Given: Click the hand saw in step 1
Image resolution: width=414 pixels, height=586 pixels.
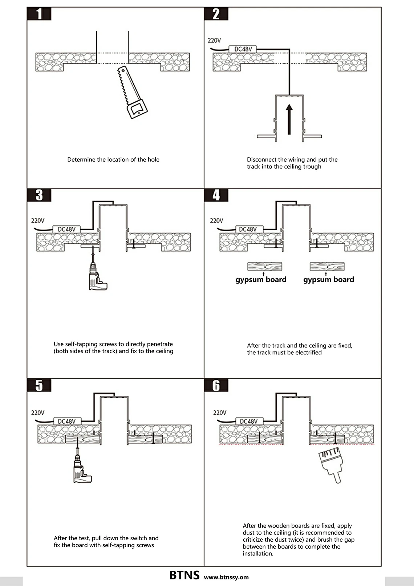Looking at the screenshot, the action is click(x=132, y=92).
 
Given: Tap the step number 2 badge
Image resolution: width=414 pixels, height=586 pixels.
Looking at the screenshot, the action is click(x=216, y=14).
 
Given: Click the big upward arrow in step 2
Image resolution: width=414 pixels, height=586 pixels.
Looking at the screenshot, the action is click(x=289, y=119).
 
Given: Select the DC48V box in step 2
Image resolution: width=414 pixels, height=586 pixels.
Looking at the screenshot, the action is click(x=243, y=49).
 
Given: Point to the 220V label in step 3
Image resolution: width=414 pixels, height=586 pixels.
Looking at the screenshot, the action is click(x=38, y=220).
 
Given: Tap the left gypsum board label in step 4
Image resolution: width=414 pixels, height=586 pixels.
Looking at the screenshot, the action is click(x=261, y=280).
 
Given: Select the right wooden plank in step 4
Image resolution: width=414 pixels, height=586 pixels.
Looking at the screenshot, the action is click(x=327, y=266).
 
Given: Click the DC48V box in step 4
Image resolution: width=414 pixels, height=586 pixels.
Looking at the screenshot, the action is click(x=249, y=229).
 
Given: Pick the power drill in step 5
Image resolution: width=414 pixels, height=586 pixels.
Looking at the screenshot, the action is click(x=82, y=470).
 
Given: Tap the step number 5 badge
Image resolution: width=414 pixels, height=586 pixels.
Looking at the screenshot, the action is click(x=39, y=385).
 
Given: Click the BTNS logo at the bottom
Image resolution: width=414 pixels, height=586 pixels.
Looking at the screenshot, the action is click(x=184, y=575).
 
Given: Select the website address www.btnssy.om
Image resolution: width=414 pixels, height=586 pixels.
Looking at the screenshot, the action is click(x=226, y=577).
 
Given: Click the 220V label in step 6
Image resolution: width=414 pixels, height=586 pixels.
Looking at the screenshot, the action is click(x=220, y=412).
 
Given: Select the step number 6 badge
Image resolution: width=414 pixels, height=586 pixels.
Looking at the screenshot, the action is click(x=216, y=385).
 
